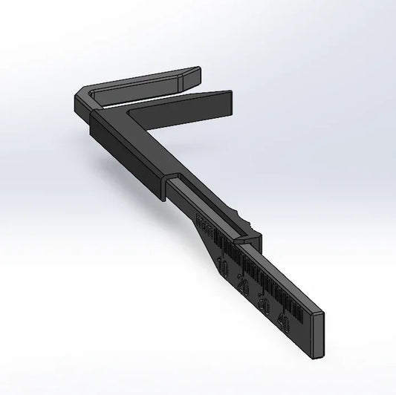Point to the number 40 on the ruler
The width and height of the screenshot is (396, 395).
point(283,321)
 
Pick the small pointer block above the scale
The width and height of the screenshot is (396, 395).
point(244,241)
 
